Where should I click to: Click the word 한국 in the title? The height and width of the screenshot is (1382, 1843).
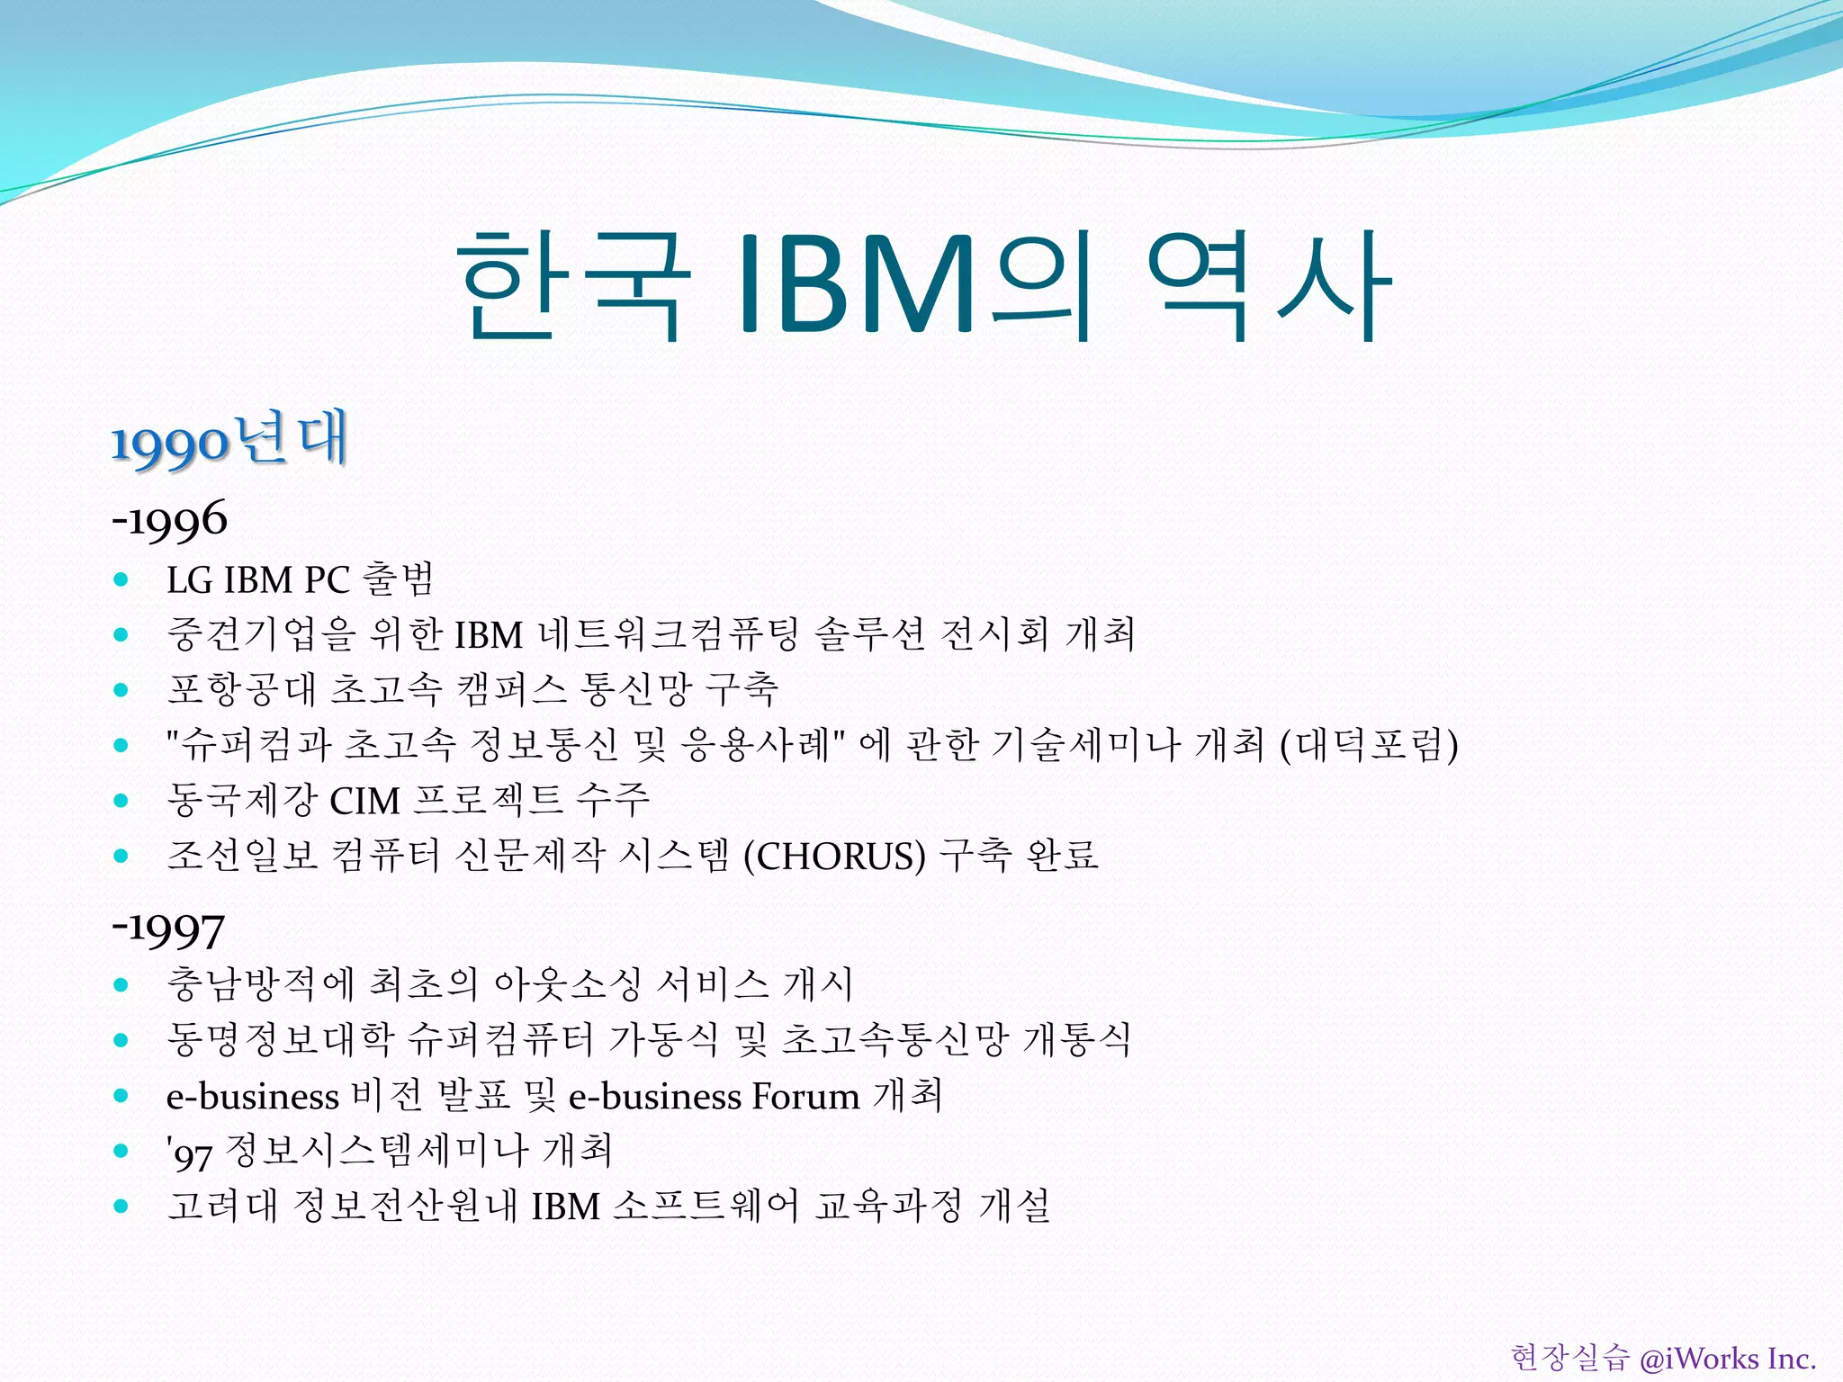[572, 286]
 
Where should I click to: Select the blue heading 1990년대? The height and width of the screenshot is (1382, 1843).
[229, 441]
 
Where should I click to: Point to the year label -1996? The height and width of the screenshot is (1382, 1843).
[170, 520]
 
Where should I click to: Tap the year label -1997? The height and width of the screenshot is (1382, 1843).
[168, 929]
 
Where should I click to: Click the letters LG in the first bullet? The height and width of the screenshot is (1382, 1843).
[189, 580]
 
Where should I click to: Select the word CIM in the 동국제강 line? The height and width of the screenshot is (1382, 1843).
[364, 801]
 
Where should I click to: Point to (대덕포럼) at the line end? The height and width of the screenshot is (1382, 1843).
[1369, 745]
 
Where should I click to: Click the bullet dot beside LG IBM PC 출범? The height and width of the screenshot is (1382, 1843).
[121, 580]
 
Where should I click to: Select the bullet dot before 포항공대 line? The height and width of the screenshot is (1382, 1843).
[121, 691]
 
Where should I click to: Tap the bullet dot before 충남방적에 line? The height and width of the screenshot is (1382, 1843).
[121, 985]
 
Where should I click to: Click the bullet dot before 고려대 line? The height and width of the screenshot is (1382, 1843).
[121, 1207]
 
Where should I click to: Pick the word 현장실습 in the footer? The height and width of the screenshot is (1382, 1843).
[1569, 1358]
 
